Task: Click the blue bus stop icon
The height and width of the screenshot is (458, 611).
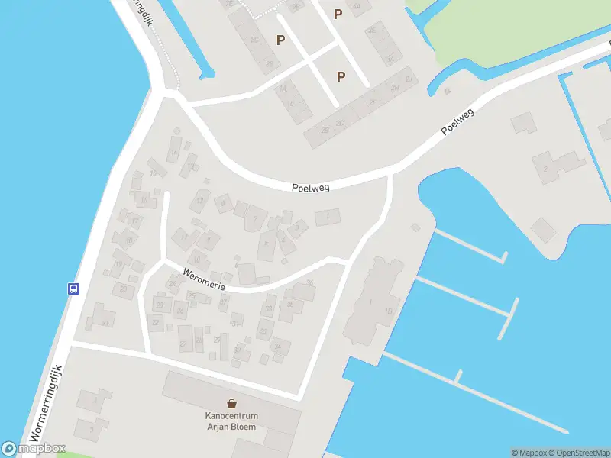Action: tap(74, 289)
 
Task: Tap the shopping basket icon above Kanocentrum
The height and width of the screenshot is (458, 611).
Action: tap(231, 402)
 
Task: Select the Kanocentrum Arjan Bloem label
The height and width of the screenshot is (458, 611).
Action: tap(231, 421)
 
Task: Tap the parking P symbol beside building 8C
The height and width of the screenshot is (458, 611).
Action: tap(281, 40)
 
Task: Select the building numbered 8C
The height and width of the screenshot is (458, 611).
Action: tap(256, 38)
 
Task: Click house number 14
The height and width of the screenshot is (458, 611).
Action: tap(174, 152)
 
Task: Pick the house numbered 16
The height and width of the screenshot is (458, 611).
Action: tap(143, 200)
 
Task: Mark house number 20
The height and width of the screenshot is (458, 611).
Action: tap(124, 288)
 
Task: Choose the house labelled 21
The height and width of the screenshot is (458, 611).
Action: tap(105, 322)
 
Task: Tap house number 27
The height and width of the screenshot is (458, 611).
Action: tap(183, 345)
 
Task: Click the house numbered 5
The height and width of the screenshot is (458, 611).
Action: tap(266, 244)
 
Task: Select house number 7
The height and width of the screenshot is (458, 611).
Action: tap(297, 227)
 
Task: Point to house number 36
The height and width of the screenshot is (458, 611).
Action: tap(309, 283)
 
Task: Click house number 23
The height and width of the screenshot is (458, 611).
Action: tap(160, 305)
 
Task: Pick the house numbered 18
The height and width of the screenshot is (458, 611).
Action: tap(128, 241)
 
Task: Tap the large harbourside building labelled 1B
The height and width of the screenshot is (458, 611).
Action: tap(389, 311)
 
